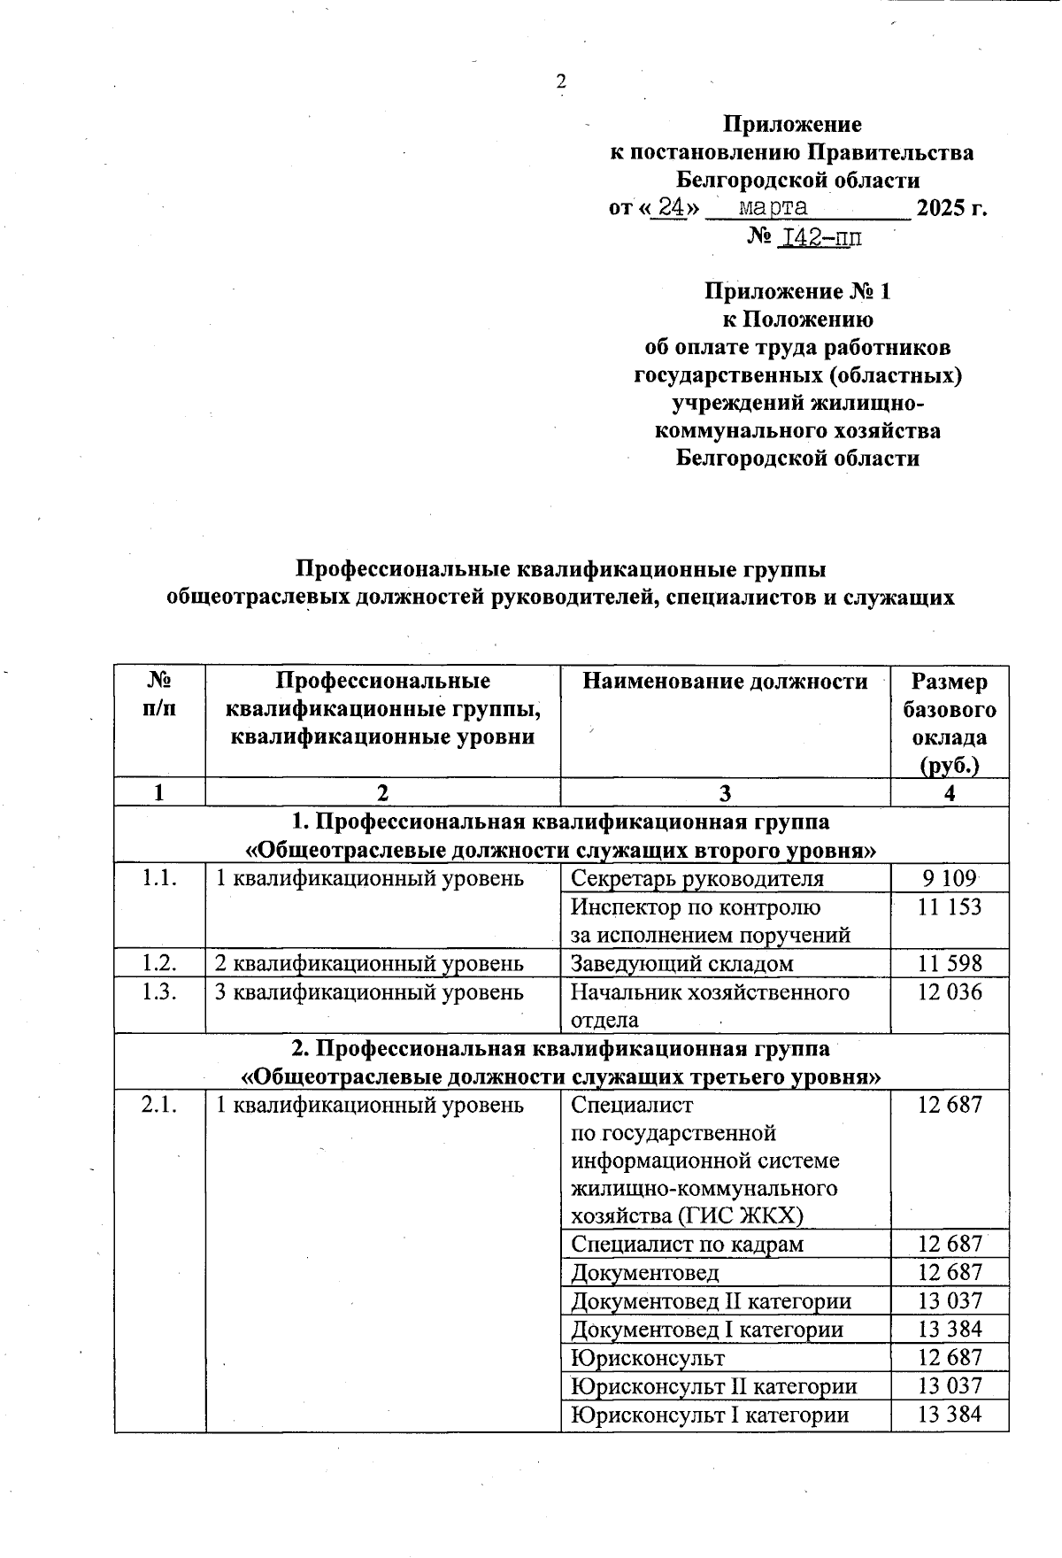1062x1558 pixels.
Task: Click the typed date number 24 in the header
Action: click(668, 208)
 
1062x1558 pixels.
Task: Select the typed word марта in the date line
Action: click(773, 208)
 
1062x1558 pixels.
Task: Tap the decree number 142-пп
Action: click(819, 237)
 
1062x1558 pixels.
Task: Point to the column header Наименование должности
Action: click(725, 682)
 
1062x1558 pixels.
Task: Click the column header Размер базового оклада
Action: click(949, 722)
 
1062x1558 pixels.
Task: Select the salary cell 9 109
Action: click(949, 878)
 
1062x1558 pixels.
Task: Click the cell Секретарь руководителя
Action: click(697, 878)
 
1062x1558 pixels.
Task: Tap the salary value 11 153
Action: click(949, 906)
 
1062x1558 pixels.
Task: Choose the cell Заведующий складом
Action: click(682, 963)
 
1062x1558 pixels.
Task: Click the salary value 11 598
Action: click(949, 963)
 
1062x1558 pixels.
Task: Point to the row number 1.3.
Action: click(159, 991)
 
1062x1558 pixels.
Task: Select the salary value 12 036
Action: click(949, 991)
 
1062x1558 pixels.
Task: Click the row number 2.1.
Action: click(159, 1105)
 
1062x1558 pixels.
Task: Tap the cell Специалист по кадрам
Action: click(688, 1244)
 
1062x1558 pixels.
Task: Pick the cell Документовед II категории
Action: click(712, 1300)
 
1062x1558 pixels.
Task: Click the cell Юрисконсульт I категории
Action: click(710, 1414)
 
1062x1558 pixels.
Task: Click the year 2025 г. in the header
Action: click(951, 208)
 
